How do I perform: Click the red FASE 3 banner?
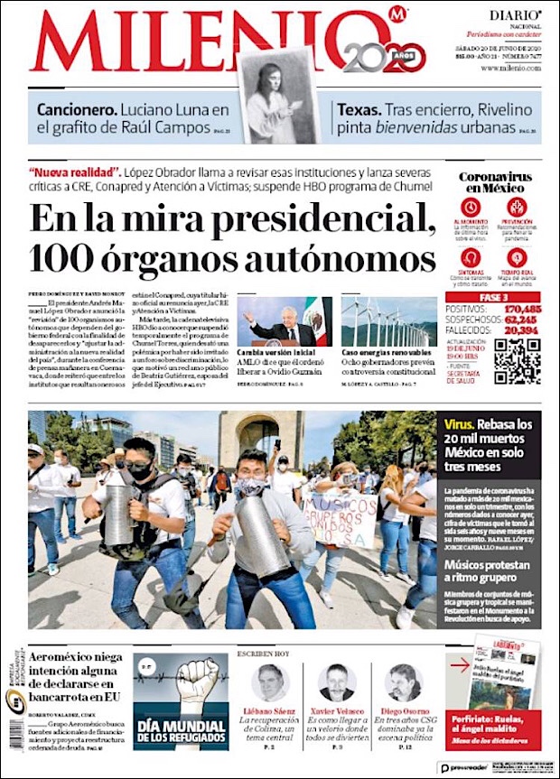(x=492, y=296)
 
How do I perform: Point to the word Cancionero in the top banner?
(x=75, y=110)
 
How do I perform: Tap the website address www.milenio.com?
(x=510, y=69)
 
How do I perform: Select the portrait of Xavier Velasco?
(x=337, y=682)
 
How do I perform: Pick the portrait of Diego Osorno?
(x=404, y=682)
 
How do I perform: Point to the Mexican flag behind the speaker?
(x=313, y=317)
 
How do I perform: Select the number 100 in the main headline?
(x=61, y=258)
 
